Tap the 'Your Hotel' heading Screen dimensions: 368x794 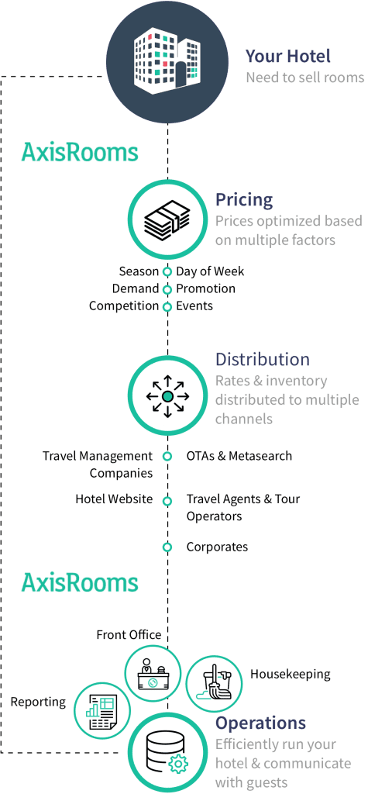pyautogui.click(x=288, y=56)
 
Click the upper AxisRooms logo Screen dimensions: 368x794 pyautogui.click(x=80, y=152)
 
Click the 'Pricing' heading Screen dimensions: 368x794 pyautogui.click(x=244, y=199)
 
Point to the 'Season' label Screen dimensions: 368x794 pyautogui.click(x=139, y=271)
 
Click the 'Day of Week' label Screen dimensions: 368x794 pyautogui.click(x=210, y=271)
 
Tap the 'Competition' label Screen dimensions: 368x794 pyautogui.click(x=124, y=306)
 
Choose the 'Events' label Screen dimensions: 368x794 pyautogui.click(x=194, y=306)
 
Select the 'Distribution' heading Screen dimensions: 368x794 pyautogui.click(x=262, y=359)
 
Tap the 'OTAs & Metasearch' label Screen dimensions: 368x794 pyautogui.click(x=239, y=456)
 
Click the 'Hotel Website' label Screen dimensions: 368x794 pyautogui.click(x=114, y=499)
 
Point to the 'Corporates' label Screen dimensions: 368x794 pyautogui.click(x=217, y=547)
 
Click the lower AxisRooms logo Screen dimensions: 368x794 pyautogui.click(x=80, y=582)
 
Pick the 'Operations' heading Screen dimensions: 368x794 pyautogui.click(x=260, y=723)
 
